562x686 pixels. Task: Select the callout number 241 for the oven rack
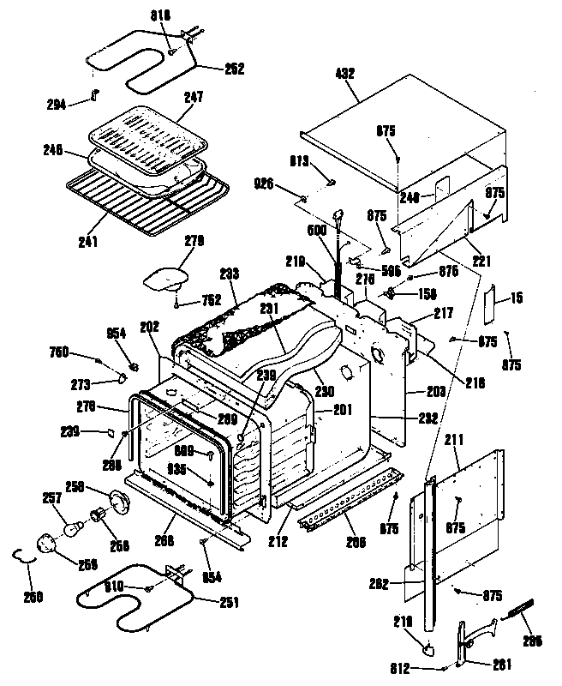click(87, 241)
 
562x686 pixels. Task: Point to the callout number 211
click(454, 439)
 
